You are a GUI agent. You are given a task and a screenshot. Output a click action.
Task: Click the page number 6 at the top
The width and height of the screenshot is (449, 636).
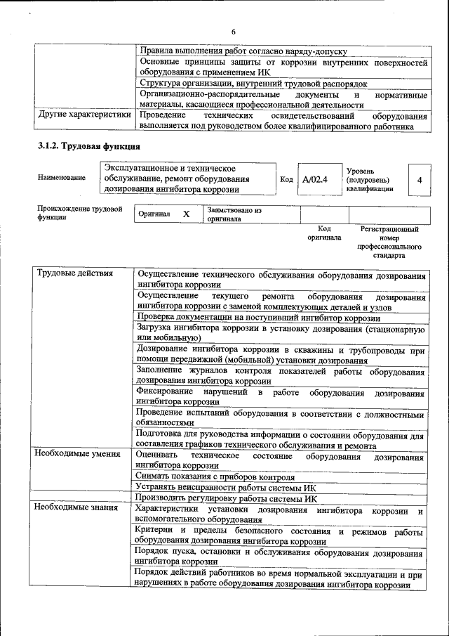point(234,31)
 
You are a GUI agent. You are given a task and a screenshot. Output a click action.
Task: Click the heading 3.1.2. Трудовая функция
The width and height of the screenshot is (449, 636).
point(89,146)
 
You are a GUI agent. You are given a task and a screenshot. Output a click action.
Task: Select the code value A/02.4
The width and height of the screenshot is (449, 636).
point(315,180)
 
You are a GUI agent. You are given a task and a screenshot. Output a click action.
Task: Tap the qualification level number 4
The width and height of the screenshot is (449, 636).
point(419,181)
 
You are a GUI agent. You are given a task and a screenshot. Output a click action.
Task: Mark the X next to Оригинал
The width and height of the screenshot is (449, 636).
point(186,214)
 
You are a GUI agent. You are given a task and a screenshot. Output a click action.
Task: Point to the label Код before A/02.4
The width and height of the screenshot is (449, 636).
point(286,180)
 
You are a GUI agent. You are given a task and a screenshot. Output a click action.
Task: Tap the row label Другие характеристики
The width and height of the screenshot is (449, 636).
point(84,115)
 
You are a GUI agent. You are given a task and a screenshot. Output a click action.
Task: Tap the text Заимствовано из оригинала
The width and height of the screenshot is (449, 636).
point(234,214)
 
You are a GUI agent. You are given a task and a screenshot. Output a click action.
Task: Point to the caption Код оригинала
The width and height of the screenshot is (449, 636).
point(323,233)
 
